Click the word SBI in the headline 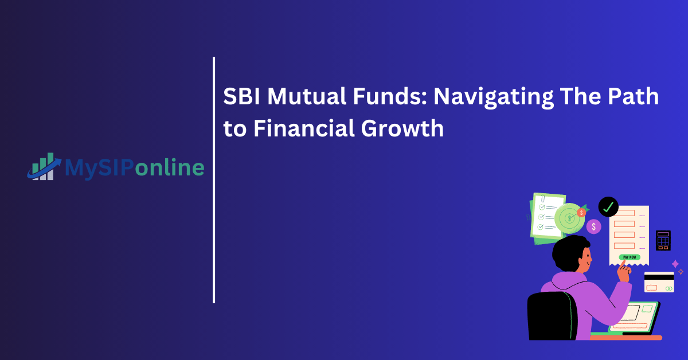point(241,97)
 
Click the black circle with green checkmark point(608,206)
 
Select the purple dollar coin point(593,226)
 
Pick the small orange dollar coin point(581,213)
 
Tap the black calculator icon point(663,240)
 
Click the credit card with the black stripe point(659,281)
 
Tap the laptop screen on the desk point(633,315)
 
